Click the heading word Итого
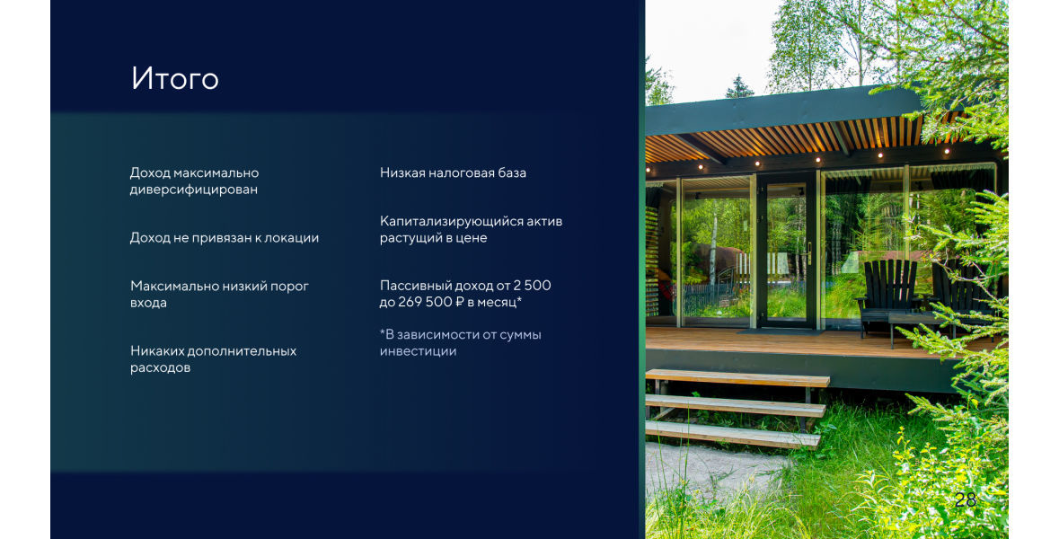[x=175, y=78]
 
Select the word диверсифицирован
[x=194, y=190]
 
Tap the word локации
[x=291, y=238]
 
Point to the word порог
[x=289, y=287]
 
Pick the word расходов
[x=160, y=368]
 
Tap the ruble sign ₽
[x=460, y=302]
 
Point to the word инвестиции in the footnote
[x=418, y=351]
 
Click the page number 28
[x=966, y=499]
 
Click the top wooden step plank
[x=737, y=377]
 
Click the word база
[x=511, y=172]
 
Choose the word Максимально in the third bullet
[x=172, y=287]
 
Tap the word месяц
[x=499, y=302]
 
